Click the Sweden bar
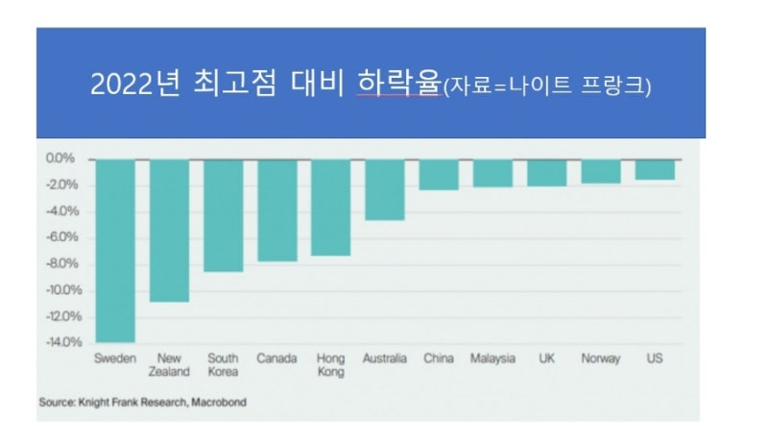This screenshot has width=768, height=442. [x=115, y=250]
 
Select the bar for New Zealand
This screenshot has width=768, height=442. [x=169, y=231]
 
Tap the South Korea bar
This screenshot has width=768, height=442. [x=223, y=215]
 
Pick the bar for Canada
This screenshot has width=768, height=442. [x=276, y=210]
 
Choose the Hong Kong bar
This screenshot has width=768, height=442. [x=330, y=208]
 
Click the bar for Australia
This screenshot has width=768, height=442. [x=384, y=189]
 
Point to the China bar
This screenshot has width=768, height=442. [x=438, y=175]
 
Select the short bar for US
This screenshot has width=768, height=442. [x=655, y=169]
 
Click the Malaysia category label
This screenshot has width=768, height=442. [x=492, y=358]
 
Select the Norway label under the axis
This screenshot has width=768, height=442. [x=600, y=358]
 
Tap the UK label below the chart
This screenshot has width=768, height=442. [x=546, y=358]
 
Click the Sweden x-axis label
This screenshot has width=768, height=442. [x=115, y=358]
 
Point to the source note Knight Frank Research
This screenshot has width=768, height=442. [x=142, y=402]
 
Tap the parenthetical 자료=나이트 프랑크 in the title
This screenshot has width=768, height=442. [x=547, y=86]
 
